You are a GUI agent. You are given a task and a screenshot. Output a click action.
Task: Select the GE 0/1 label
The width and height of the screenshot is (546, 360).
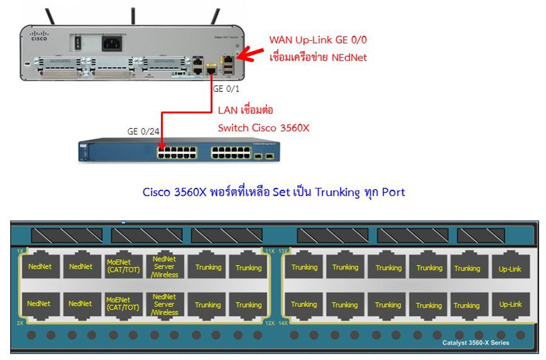[x=226, y=89]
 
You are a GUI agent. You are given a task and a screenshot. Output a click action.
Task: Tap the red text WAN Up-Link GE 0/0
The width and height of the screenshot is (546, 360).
[x=318, y=40]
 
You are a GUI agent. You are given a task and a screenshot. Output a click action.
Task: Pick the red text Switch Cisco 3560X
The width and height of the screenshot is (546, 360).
[x=263, y=128]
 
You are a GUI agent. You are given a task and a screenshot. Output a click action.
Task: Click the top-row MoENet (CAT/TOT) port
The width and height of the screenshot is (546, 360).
[x=123, y=266]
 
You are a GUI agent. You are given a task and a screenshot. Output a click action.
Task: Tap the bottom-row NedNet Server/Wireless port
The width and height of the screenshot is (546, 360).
[x=165, y=304]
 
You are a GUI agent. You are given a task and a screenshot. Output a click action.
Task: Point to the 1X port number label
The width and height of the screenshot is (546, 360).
[x=21, y=251]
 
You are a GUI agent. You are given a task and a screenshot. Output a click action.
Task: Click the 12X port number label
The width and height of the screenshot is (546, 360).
[x=270, y=323]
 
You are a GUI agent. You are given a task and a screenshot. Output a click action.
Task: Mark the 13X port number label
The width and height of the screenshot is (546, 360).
[x=283, y=251]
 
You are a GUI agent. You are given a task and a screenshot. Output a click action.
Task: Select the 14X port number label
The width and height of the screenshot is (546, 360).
[x=283, y=323]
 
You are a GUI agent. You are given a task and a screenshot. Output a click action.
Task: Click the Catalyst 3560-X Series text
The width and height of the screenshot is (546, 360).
[x=475, y=343]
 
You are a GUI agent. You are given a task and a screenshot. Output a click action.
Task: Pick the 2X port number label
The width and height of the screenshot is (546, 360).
[x=21, y=323]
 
